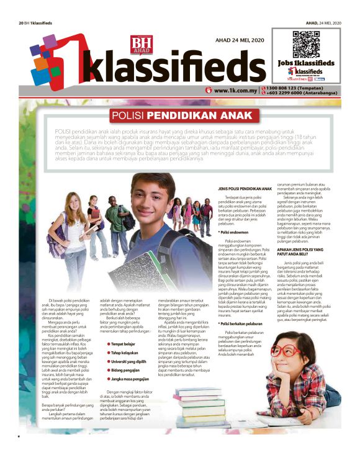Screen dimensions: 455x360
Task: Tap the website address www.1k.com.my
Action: point(236,90)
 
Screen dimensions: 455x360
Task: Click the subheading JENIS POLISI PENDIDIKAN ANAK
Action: point(246,188)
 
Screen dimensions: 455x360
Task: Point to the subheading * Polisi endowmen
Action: point(234,232)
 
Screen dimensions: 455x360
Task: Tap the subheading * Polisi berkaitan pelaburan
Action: point(246,323)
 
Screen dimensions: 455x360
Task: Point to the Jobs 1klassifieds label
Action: point(305,64)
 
